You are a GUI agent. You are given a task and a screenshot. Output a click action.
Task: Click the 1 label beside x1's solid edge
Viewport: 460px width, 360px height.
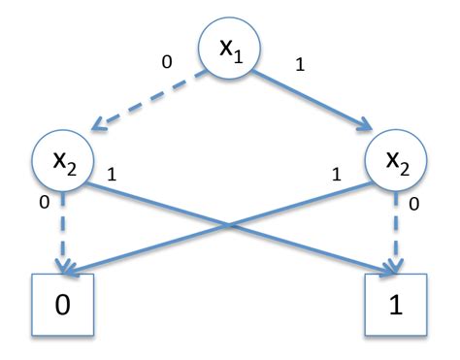301,68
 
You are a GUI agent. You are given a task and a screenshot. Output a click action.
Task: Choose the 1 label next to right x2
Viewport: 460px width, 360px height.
338,176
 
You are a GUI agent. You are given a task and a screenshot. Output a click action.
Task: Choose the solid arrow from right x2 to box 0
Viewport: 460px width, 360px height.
165,247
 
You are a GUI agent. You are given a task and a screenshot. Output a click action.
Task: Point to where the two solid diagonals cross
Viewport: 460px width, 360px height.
228,226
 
